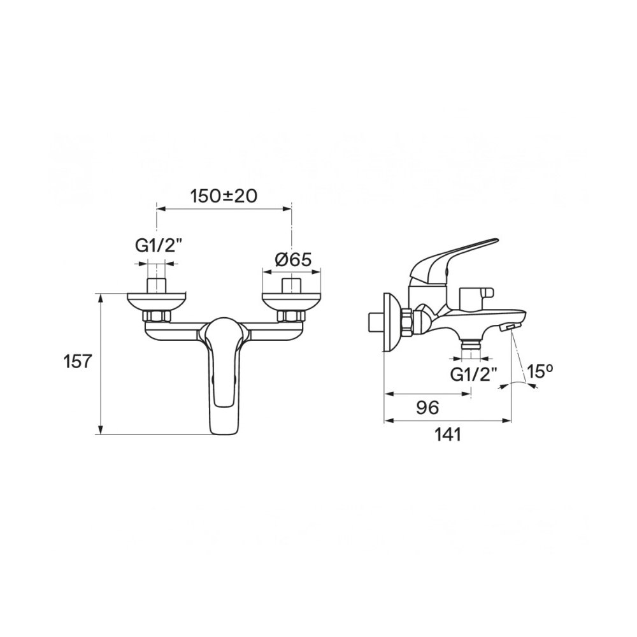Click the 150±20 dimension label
pos(224,196)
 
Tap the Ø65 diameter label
pos(292,259)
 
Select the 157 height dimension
pos(78,361)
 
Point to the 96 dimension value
pos(428,407)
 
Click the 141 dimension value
pos(448,434)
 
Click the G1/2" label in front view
pos(157,246)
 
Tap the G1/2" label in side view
pos(473,374)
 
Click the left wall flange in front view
pos(157,301)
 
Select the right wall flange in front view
pos(291,301)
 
